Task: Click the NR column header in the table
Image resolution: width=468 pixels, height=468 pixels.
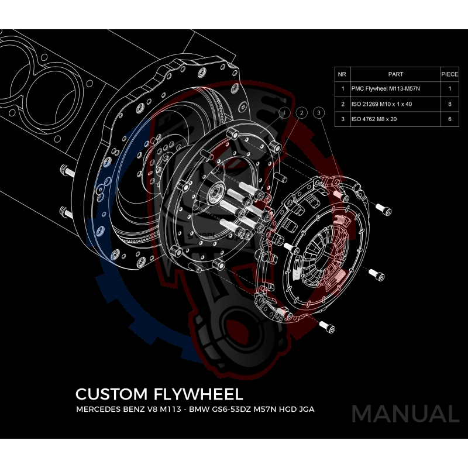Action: (342, 74)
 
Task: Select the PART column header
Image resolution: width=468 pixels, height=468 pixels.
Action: (395, 74)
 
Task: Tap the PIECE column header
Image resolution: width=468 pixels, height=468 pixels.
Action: (449, 74)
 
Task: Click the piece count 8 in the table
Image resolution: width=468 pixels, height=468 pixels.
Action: (449, 104)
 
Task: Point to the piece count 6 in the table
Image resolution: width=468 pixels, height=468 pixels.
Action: (449, 119)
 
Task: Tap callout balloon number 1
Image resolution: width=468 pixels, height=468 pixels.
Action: (285, 112)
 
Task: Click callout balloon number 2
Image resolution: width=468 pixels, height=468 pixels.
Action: (301, 112)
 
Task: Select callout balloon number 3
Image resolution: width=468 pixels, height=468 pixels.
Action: (318, 112)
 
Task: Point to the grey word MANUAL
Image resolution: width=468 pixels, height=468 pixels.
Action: (405, 414)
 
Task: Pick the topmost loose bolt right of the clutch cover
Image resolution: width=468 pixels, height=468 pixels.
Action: (383, 208)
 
